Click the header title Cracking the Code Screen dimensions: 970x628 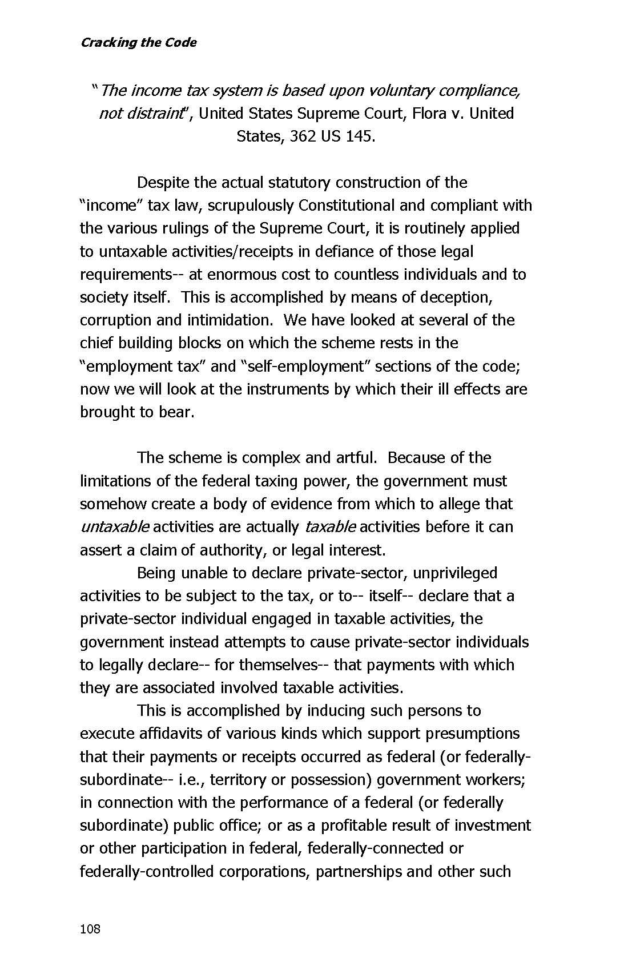(x=138, y=42)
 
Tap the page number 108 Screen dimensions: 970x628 (x=90, y=929)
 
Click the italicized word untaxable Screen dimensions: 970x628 (x=115, y=526)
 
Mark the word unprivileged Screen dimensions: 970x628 (x=454, y=573)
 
